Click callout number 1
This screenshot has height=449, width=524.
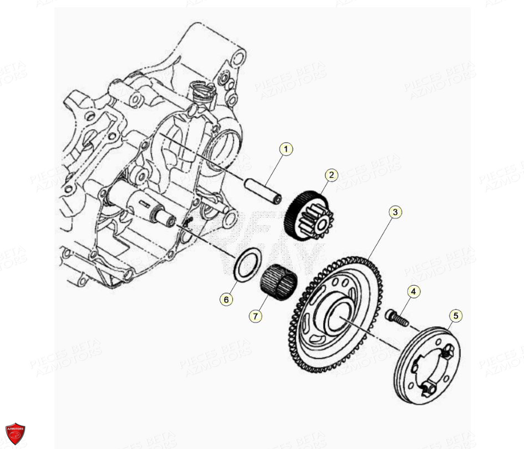coord(286,149)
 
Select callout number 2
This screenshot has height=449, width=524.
coord(331,176)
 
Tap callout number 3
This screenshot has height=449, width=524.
coord(395,211)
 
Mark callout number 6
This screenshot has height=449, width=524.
coord(226,300)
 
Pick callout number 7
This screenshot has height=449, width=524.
coord(255,316)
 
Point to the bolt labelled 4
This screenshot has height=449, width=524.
coord(396,318)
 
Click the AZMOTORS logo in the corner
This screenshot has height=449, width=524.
coord(15,433)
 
